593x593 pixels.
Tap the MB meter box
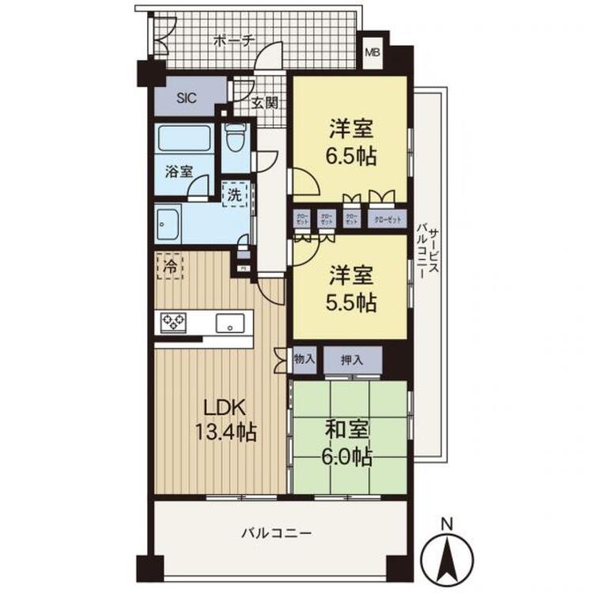(371, 54)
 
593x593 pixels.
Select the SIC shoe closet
(186, 99)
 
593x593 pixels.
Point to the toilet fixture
(235, 142)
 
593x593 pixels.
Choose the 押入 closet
(353, 360)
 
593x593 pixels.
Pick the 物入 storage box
(304, 359)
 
